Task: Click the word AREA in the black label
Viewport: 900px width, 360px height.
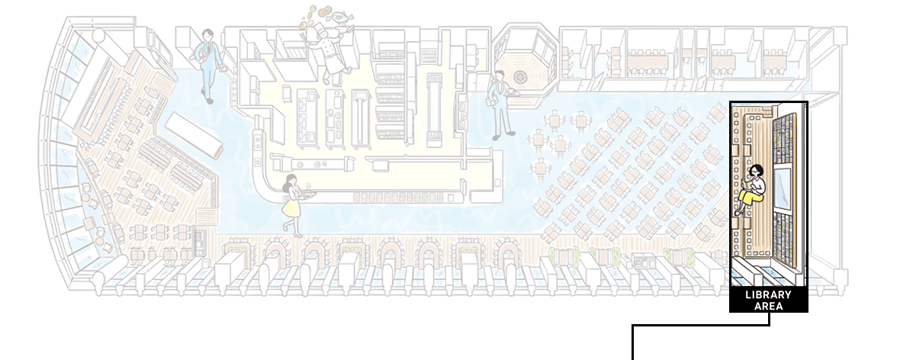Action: (769, 306)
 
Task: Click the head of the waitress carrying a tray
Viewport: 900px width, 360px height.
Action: (291, 180)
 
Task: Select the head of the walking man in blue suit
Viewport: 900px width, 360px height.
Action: (207, 34)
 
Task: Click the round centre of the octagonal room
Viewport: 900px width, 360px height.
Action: (521, 76)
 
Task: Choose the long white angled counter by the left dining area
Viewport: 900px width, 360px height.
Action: (194, 136)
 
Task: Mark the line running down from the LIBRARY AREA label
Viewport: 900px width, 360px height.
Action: (701, 326)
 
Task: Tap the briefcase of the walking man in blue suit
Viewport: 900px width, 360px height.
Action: (201, 53)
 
